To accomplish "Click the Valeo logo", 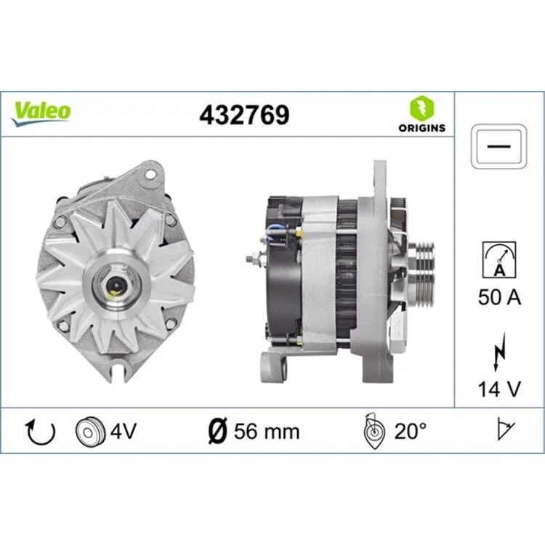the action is [x=41, y=113].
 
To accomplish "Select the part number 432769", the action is [x=244, y=115].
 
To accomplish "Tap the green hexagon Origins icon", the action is [x=421, y=108].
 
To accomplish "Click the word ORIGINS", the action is [x=421, y=128].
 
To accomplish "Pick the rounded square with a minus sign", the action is [x=498, y=146].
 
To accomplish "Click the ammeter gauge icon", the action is [x=499, y=259].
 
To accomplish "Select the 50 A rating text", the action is [x=499, y=297].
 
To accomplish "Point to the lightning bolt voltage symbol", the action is [x=499, y=352].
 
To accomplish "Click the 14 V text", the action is [x=499, y=389].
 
